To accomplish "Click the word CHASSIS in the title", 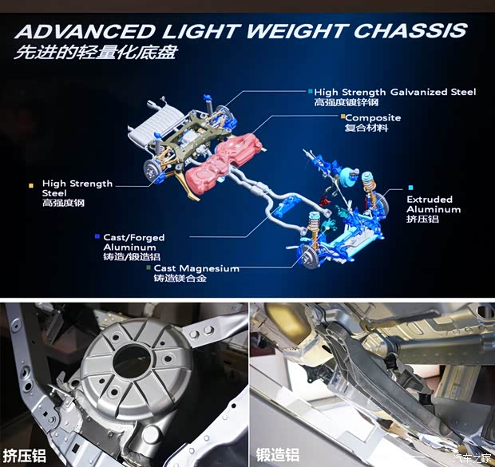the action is click(x=410, y=30).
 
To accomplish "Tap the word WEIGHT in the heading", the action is click(x=295, y=30).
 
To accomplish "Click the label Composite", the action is click(x=373, y=118).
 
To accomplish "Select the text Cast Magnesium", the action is click(x=196, y=268).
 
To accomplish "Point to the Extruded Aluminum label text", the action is click(x=434, y=204).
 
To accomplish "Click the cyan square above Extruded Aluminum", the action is click(x=410, y=188).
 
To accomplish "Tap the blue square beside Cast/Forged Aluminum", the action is click(x=97, y=236).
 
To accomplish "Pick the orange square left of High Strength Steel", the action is click(x=31, y=186).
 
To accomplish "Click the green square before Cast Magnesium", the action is click(x=148, y=267).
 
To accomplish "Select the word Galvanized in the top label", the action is click(x=418, y=92).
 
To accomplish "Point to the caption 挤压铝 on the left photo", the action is click(x=24, y=456).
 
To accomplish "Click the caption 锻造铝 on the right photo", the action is click(x=278, y=455).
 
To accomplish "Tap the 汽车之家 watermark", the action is click(x=472, y=457).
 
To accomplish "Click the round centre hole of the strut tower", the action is click(x=132, y=360).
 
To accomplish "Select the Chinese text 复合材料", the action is click(x=366, y=128).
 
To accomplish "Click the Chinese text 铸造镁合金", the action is click(x=180, y=278).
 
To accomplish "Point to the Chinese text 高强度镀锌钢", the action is click(x=346, y=102).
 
